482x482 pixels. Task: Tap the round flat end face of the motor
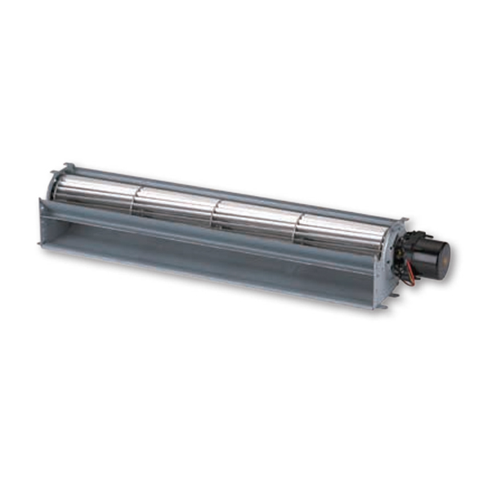click(x=441, y=255)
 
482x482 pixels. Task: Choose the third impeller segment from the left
click(x=255, y=218)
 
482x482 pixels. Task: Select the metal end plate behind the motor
click(x=395, y=249)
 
